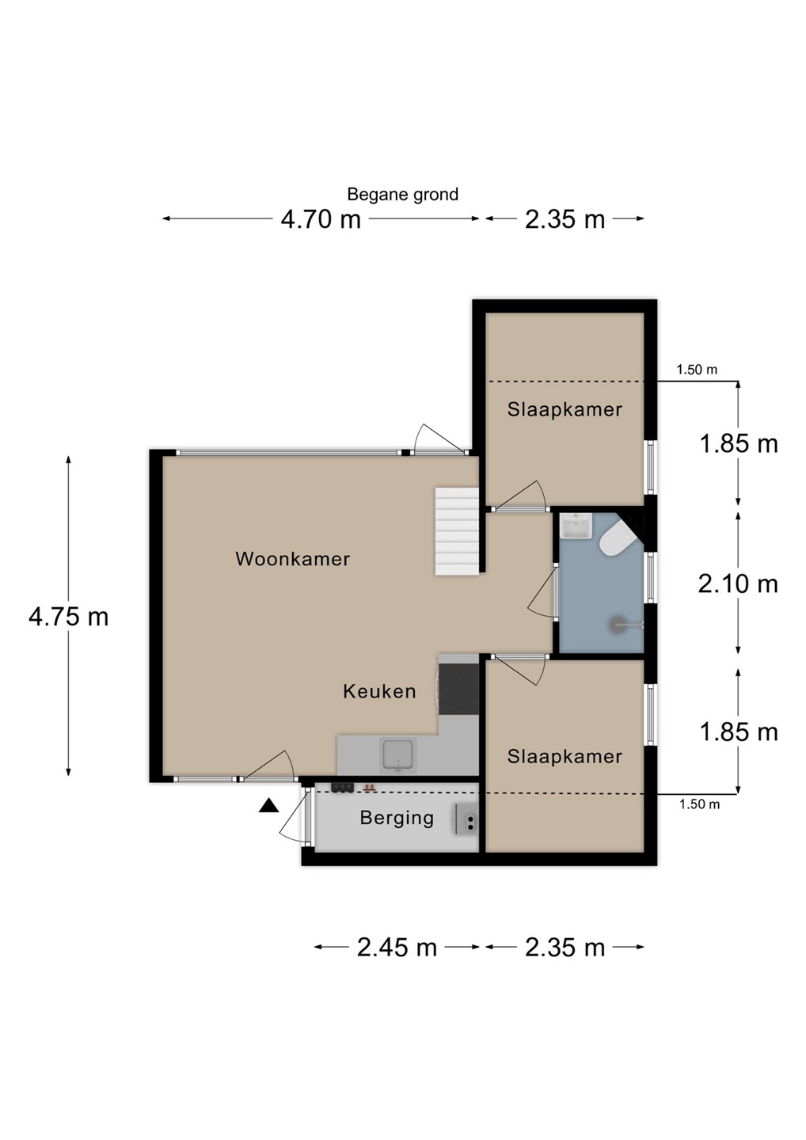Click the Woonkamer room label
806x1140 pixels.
click(292, 559)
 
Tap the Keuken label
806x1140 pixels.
click(379, 691)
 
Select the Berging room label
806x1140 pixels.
click(397, 819)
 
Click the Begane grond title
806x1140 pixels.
click(402, 195)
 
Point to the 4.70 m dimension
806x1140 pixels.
click(321, 219)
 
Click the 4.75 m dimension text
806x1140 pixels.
click(69, 617)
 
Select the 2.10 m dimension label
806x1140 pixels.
click(738, 583)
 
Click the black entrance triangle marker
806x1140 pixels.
click(268, 806)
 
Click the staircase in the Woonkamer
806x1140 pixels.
click(457, 530)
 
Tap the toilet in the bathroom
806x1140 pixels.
click(618, 538)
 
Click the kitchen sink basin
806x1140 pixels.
click(397, 756)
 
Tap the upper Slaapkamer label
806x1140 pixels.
click(565, 410)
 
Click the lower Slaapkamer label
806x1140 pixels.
click(565, 757)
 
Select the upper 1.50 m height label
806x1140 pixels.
click(697, 370)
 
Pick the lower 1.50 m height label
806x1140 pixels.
click(699, 804)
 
